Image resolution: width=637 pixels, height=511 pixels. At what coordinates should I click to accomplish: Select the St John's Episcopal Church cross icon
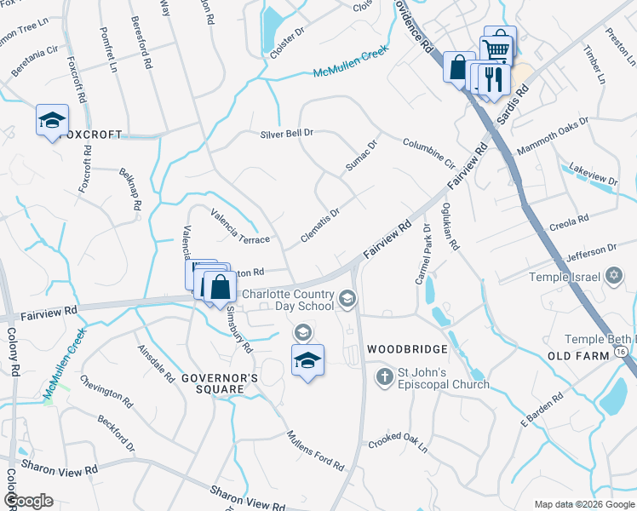tap(384, 376)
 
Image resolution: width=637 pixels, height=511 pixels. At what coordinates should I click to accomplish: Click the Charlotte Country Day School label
tap(288, 300)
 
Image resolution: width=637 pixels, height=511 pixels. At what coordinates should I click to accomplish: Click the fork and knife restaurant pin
tap(493, 80)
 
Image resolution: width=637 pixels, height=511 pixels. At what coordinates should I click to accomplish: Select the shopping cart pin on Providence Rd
tap(496, 46)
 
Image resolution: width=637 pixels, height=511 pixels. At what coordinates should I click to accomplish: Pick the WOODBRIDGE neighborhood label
tap(407, 350)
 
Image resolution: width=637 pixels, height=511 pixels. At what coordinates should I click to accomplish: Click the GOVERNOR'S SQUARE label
tap(213, 382)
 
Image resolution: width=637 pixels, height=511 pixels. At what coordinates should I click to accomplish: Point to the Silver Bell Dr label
tap(287, 134)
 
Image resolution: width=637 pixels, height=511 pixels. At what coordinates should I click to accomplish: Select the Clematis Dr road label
tap(320, 224)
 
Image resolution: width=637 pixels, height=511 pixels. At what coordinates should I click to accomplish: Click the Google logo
tap(29, 501)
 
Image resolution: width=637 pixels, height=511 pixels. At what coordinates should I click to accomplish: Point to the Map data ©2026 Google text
tap(583, 504)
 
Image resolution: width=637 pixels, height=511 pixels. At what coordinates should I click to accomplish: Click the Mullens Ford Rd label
tap(315, 451)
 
